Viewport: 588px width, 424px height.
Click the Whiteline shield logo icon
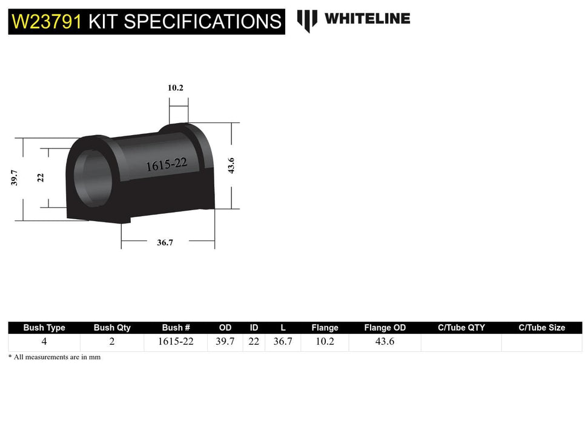[307, 20]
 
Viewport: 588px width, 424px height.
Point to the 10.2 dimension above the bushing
[176, 88]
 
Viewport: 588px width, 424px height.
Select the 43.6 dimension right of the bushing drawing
[231, 165]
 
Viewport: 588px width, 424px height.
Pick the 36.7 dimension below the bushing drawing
[165, 242]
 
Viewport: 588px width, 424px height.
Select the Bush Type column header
[44, 328]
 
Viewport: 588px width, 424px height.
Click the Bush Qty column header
[112, 328]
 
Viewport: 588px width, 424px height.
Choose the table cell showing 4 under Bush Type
[44, 342]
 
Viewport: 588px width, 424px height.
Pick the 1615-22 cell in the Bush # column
[176, 342]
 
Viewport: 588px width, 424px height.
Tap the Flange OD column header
[385, 328]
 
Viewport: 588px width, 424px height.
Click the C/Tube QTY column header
[461, 328]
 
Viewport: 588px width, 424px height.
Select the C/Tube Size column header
[541, 328]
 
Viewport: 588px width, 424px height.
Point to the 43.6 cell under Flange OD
[385, 342]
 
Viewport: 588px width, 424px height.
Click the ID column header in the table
[254, 328]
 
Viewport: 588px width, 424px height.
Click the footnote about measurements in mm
[55, 357]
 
